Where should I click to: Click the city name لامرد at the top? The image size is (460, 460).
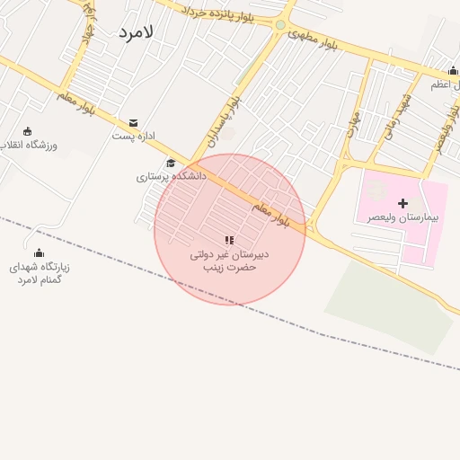point(136,31)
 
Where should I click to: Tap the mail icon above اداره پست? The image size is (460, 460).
point(134,122)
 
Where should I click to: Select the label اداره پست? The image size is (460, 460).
point(134,137)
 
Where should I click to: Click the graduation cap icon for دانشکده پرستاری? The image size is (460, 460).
point(171,163)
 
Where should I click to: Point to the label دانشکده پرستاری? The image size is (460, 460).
point(171,177)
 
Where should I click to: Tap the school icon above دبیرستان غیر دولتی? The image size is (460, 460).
point(229,240)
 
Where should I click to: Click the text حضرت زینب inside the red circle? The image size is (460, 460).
point(229,268)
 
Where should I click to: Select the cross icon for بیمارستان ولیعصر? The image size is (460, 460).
point(402,203)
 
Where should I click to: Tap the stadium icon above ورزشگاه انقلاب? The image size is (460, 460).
point(27,131)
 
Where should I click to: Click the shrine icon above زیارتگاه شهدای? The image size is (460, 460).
point(39,252)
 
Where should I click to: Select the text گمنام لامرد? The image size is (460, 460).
point(39,280)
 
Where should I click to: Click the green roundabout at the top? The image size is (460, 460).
point(280,25)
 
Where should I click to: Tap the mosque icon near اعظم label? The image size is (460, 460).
point(453,72)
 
